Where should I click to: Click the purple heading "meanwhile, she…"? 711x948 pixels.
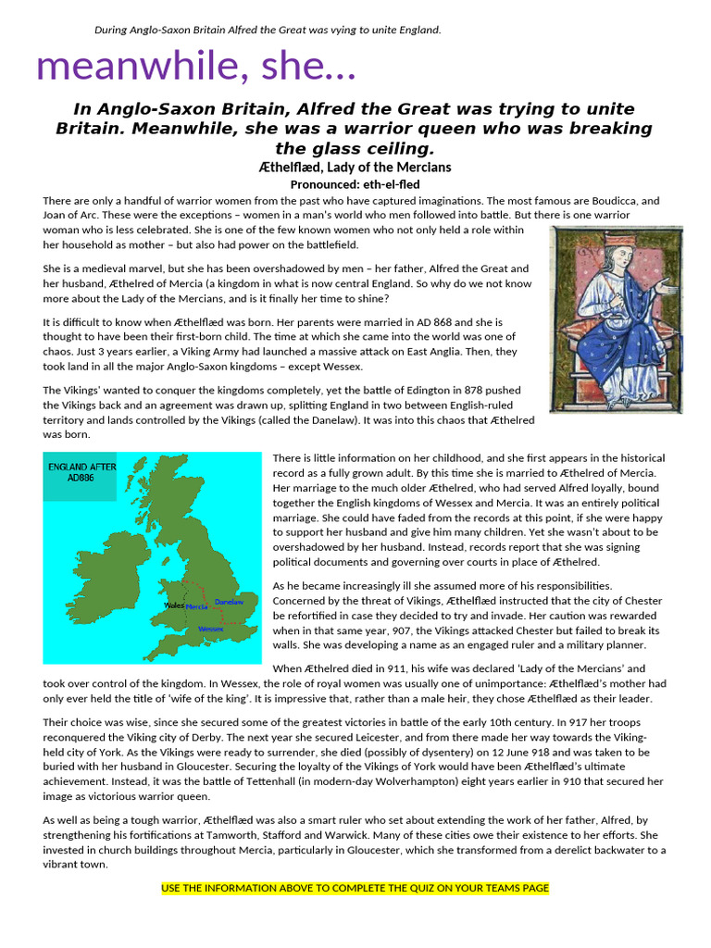point(195,67)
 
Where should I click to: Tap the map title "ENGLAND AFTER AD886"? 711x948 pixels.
point(82,473)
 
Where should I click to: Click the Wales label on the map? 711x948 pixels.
point(173,605)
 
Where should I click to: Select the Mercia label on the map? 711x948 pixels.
point(196,607)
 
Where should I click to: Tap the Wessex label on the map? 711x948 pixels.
point(211,630)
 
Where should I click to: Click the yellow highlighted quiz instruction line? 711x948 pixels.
point(355,888)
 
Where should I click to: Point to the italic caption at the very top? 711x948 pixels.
point(268,30)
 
